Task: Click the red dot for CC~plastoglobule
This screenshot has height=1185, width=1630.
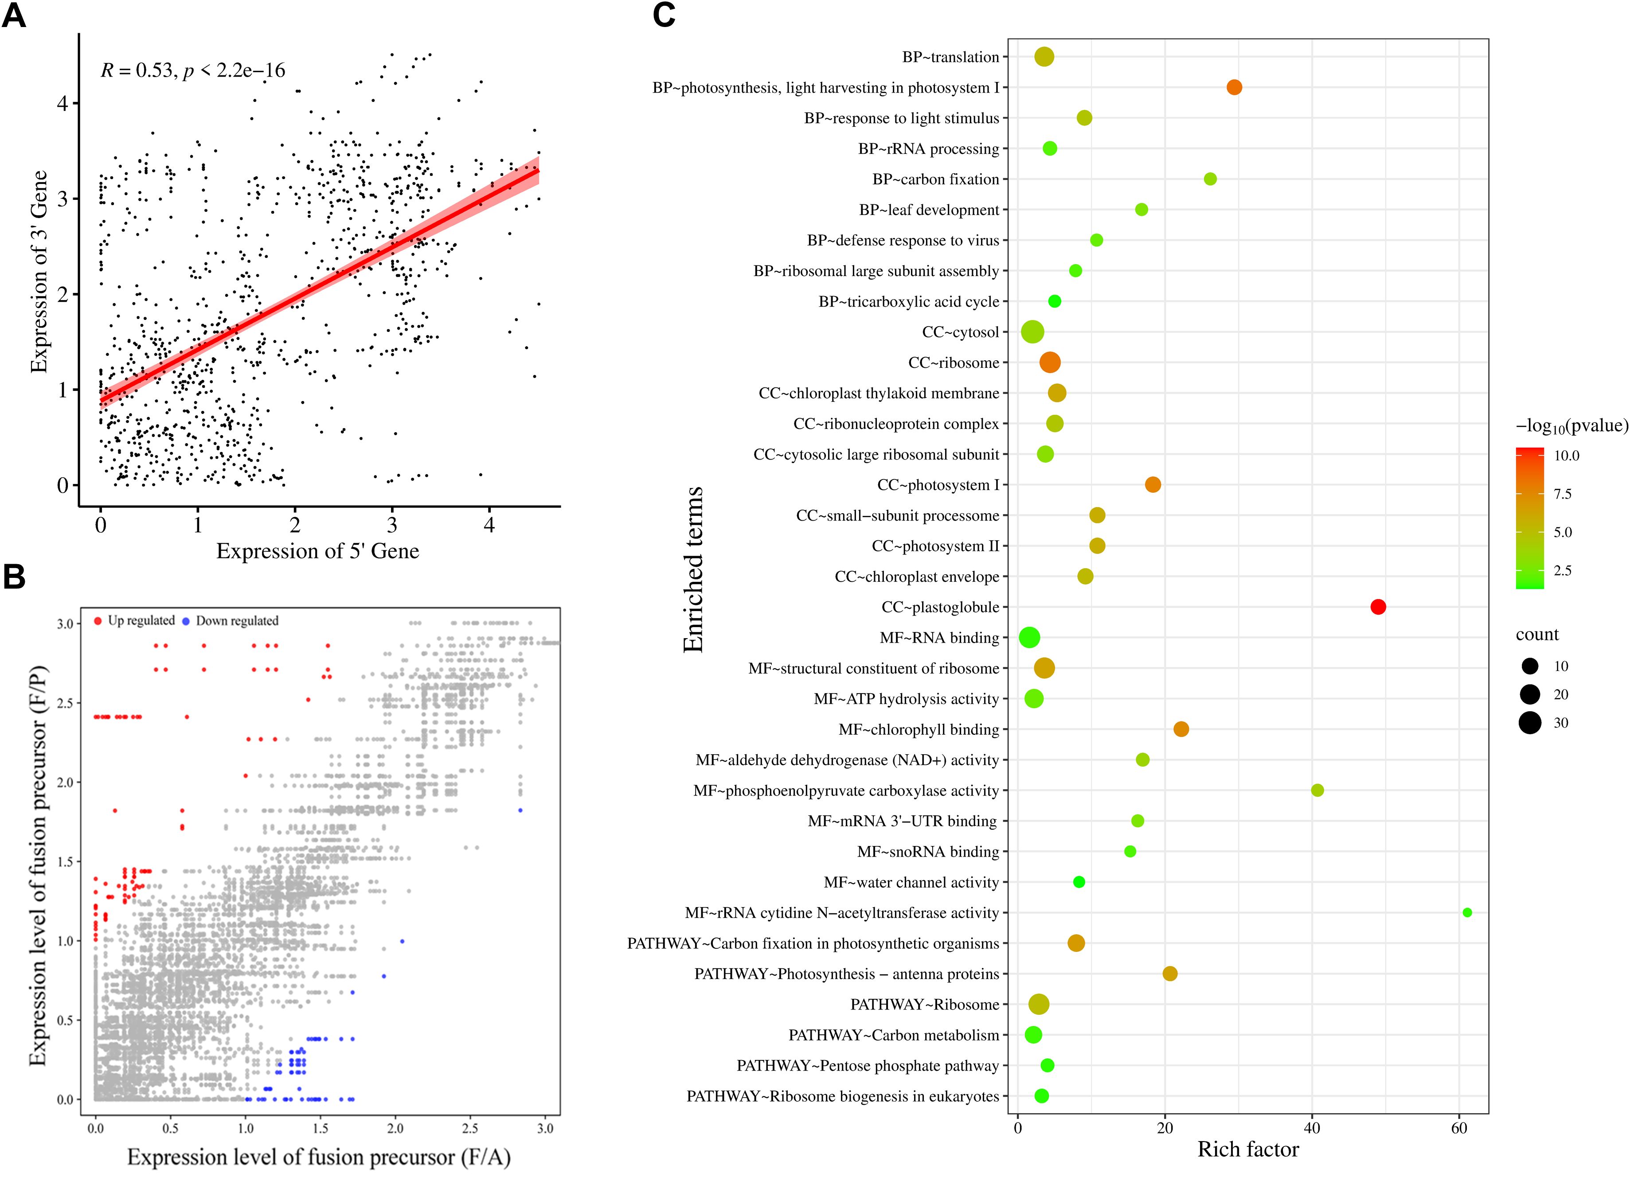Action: tap(1378, 607)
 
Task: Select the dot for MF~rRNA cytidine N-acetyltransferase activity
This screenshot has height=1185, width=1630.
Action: tap(1467, 912)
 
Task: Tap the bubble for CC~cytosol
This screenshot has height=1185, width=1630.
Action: tap(1032, 332)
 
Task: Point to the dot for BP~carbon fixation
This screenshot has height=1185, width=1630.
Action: tap(1210, 179)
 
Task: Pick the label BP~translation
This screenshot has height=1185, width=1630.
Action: tap(950, 57)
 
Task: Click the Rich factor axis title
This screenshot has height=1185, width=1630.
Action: tap(1247, 1150)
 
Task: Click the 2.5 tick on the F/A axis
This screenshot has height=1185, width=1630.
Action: tap(470, 1128)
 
